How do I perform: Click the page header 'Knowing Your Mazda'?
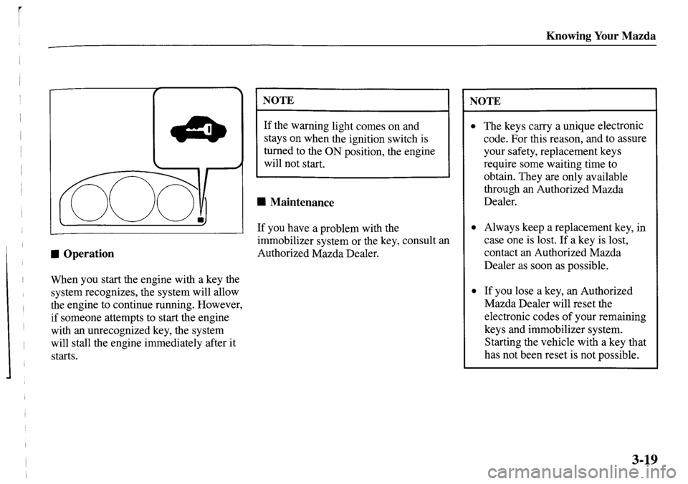[x=601, y=36]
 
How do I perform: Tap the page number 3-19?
[x=645, y=460]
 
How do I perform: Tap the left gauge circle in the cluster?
[x=90, y=203]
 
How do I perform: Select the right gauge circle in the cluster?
[x=176, y=202]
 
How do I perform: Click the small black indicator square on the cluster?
[x=200, y=219]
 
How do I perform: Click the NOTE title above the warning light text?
[x=278, y=100]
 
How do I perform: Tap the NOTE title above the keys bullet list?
[x=485, y=101]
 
